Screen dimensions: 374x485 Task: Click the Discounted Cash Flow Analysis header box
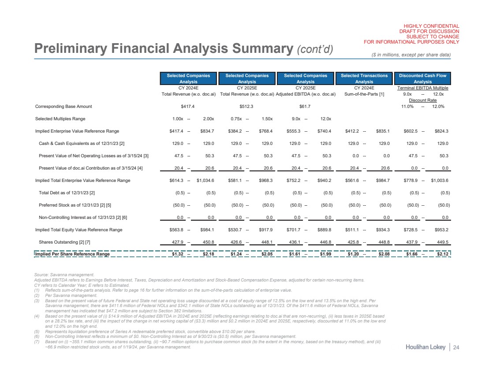423,78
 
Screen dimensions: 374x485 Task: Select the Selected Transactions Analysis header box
364,78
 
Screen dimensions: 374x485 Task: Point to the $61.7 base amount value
305,106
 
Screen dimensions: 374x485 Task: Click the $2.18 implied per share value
207,254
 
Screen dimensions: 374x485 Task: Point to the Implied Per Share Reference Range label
72,254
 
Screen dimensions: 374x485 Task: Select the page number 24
456,348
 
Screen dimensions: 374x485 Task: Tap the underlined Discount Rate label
423,100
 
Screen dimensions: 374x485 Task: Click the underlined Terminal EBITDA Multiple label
423,88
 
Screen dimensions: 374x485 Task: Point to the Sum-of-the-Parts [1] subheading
364,94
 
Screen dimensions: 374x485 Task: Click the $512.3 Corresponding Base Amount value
247,106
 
